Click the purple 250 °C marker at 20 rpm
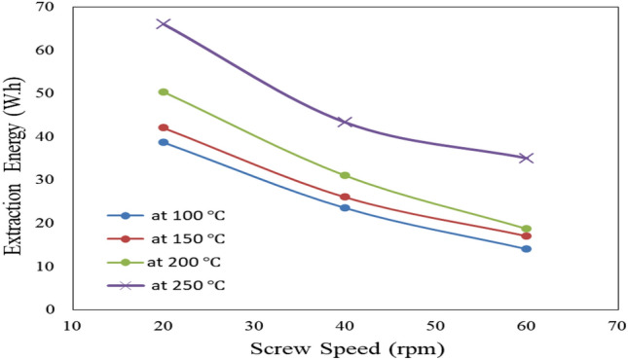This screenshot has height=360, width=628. (x=164, y=23)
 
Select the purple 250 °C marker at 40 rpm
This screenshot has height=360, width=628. (x=345, y=122)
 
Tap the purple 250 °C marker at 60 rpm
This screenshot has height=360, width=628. (x=526, y=158)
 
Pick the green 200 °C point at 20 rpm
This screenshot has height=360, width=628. (x=164, y=91)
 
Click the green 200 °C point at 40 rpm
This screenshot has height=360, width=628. (x=345, y=175)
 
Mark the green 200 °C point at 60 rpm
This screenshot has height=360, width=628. (x=526, y=229)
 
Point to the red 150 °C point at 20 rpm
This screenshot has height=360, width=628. (x=164, y=127)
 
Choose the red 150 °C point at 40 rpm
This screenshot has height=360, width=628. (x=345, y=198)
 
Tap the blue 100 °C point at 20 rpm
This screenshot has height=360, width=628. (x=164, y=142)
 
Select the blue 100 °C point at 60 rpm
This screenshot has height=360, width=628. (x=526, y=249)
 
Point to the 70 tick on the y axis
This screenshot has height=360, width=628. (x=49, y=8)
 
